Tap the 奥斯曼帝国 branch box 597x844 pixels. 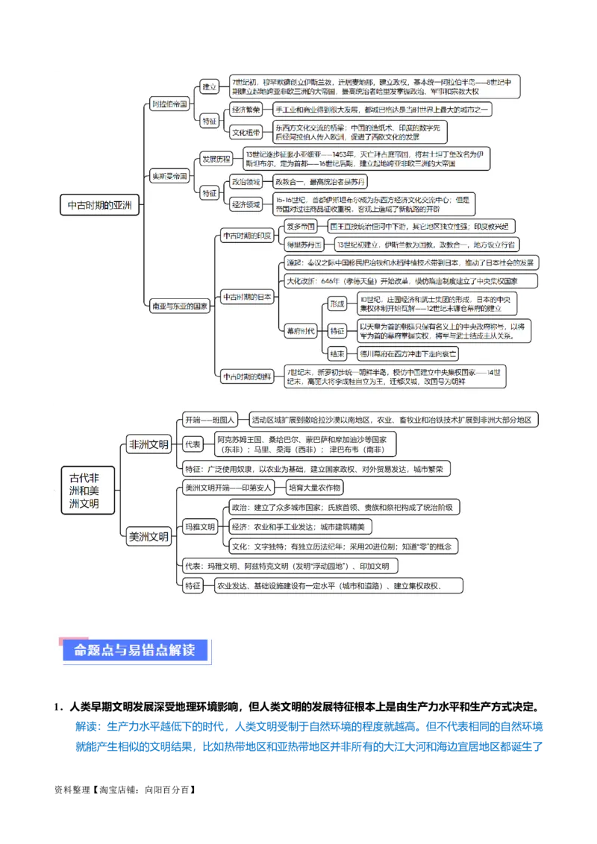click(169, 177)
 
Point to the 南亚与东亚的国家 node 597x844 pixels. click(179, 306)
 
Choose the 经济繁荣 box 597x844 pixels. click(246, 110)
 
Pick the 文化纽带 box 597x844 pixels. click(246, 133)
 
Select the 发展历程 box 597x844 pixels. click(216, 160)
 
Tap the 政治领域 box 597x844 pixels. click(246, 181)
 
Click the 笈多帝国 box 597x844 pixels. click(301, 226)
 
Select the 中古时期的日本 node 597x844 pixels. click(246, 297)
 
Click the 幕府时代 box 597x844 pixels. click(300, 330)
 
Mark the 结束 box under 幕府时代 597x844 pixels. click(337, 354)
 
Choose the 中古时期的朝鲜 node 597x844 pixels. click(246, 377)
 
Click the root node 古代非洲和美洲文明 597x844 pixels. click(89, 490)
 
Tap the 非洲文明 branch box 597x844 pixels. click(149, 444)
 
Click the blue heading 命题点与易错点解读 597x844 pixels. click(134, 650)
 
